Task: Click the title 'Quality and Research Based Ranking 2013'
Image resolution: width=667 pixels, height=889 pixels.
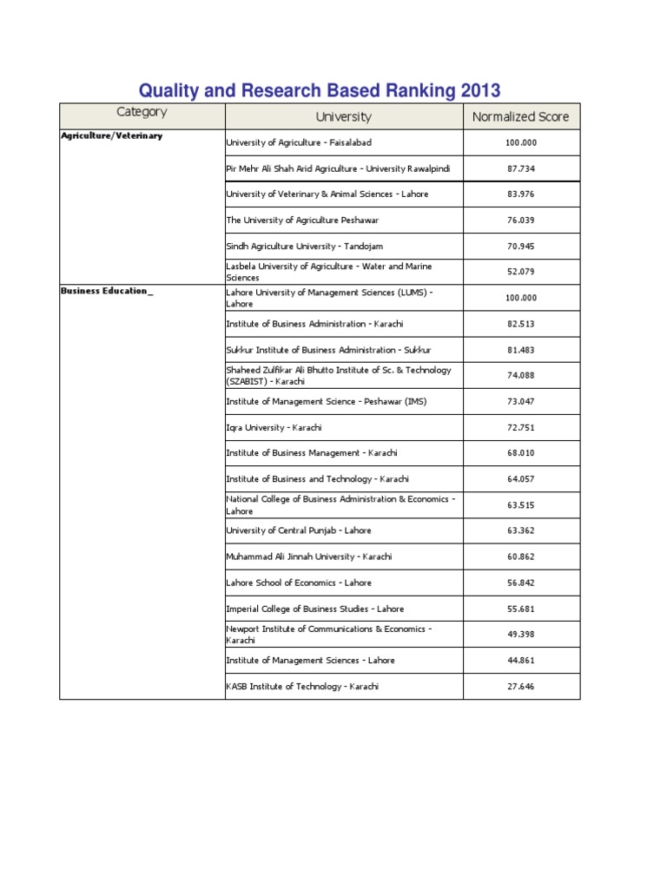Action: click(x=320, y=90)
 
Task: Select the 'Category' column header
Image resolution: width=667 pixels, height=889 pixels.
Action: click(x=142, y=112)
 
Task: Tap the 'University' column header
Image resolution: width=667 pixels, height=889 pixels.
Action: click(x=343, y=116)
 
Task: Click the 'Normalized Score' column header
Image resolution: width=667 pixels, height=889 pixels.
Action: click(x=520, y=116)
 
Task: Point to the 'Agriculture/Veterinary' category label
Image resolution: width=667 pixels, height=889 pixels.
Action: click(x=111, y=135)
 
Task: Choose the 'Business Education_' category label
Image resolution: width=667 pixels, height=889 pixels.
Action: click(x=107, y=291)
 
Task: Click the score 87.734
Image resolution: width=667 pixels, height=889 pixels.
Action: click(x=521, y=168)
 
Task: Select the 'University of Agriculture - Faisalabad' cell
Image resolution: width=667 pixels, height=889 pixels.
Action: click(x=299, y=142)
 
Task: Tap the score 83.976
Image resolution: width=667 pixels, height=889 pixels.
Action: click(x=521, y=194)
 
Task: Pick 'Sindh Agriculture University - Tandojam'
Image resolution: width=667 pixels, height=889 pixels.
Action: click(x=304, y=247)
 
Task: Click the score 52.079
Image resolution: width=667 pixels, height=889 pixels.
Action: click(x=521, y=272)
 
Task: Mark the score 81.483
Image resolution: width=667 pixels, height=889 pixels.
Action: click(x=521, y=350)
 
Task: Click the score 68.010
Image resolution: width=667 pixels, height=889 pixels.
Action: click(x=521, y=453)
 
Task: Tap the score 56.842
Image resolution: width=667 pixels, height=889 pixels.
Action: click(x=521, y=583)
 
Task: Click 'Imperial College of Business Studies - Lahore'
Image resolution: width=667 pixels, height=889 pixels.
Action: click(x=314, y=609)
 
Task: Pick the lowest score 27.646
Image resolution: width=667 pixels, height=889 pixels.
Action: click(x=521, y=687)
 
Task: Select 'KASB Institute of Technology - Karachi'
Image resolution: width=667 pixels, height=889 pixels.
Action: click(x=302, y=687)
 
